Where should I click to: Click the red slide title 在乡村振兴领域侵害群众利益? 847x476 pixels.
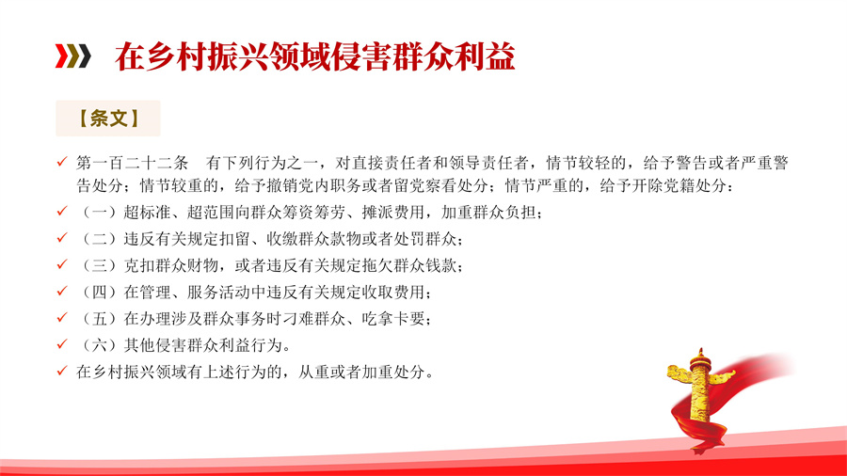(314, 56)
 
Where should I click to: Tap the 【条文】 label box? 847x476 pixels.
(108, 119)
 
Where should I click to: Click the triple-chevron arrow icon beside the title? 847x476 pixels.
(72, 56)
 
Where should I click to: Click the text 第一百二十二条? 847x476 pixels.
(132, 163)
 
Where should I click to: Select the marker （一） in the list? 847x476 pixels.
(100, 212)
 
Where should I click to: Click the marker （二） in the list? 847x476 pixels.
(100, 239)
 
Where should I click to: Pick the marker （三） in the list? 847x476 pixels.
(100, 265)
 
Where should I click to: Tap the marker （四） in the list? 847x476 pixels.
(100, 292)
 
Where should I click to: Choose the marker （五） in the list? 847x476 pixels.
(100, 318)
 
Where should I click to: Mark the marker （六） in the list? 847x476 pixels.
(100, 345)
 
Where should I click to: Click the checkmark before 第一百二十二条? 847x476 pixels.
(62, 162)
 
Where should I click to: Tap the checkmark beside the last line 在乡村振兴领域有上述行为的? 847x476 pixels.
(62, 371)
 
